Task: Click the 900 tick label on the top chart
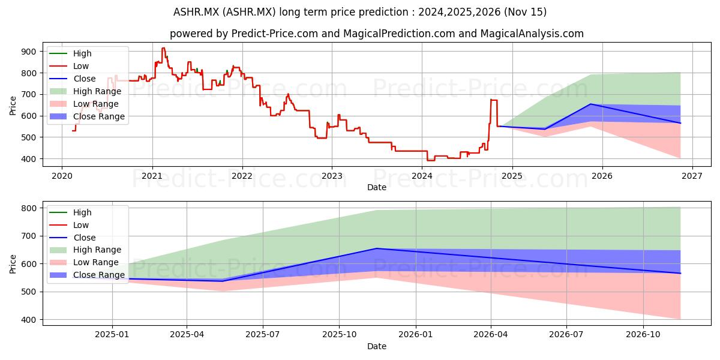click(x=28, y=52)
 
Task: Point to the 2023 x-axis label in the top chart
click(x=332, y=176)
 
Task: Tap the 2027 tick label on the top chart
click(x=692, y=176)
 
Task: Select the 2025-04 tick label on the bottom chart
click(x=187, y=335)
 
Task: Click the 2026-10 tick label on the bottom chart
click(x=643, y=335)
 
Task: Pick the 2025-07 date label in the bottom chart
click(x=263, y=335)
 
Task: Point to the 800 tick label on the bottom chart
click(x=28, y=208)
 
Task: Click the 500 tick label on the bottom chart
click(x=28, y=292)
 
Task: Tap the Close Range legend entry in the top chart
click(x=87, y=116)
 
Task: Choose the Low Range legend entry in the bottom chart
click(x=84, y=262)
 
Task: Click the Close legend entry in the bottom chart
click(x=73, y=238)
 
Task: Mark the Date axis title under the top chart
click(x=377, y=187)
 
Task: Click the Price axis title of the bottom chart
click(x=13, y=264)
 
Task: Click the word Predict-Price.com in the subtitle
click(x=275, y=34)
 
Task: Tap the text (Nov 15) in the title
click(x=525, y=12)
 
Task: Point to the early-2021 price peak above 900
click(x=163, y=48)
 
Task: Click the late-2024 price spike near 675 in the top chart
click(x=494, y=100)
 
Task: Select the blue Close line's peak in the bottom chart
click(x=376, y=248)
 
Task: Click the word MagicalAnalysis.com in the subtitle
click(x=532, y=34)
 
